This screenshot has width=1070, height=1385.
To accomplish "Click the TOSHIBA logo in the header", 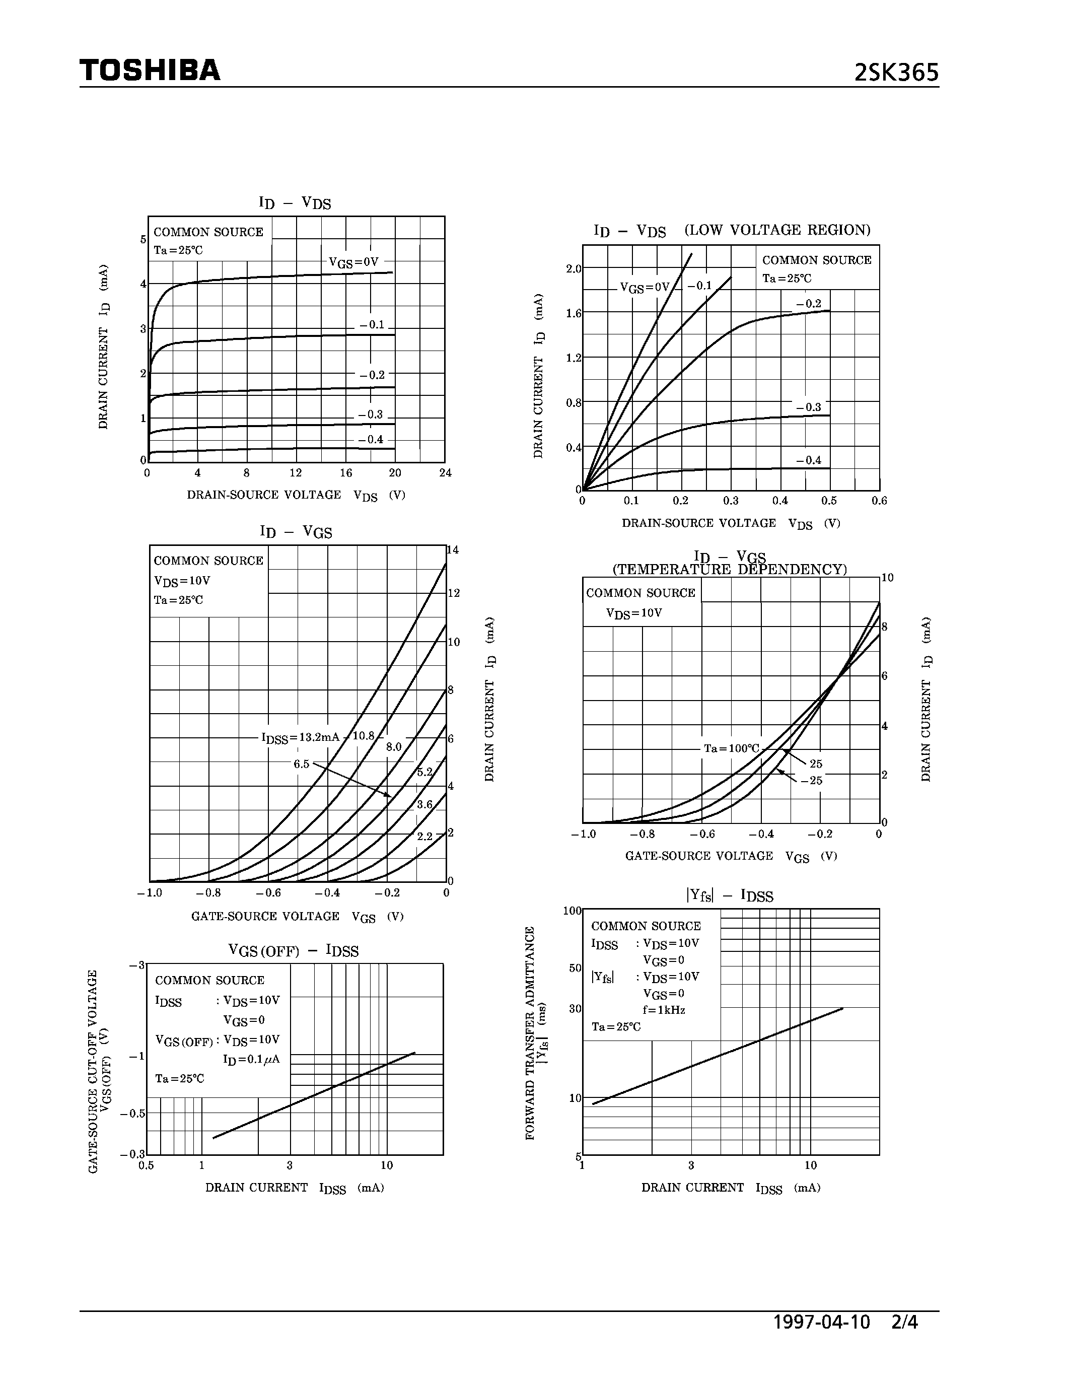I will coord(150,70).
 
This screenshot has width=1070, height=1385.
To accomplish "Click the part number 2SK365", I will coord(896,73).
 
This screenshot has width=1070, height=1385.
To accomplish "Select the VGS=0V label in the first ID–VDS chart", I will coord(353,262).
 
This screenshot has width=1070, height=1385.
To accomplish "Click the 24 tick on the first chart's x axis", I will coord(446,472).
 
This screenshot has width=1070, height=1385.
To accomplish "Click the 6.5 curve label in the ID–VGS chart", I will coord(301,764).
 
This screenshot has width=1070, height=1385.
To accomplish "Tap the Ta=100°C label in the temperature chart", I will coord(731,748).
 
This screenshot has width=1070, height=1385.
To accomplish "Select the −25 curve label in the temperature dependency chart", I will coord(811,781).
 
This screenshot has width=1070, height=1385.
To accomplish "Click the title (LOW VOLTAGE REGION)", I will coord(777,230).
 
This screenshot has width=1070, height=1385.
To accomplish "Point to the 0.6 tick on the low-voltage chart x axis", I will coord(879,501).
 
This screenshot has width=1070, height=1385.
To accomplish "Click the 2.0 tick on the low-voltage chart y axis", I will coord(574,269).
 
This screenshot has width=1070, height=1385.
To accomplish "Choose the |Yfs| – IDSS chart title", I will coord(730,896).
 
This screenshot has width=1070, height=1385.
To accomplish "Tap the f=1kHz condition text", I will coord(664,1010).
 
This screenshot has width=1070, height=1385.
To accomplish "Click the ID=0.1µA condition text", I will coord(251,1059).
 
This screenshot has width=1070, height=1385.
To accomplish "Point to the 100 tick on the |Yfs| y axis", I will coord(573,911).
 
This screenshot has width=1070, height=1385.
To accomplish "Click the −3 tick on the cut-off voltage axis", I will coord(137,965).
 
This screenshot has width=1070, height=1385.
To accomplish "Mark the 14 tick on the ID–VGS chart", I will coord(453,550).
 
